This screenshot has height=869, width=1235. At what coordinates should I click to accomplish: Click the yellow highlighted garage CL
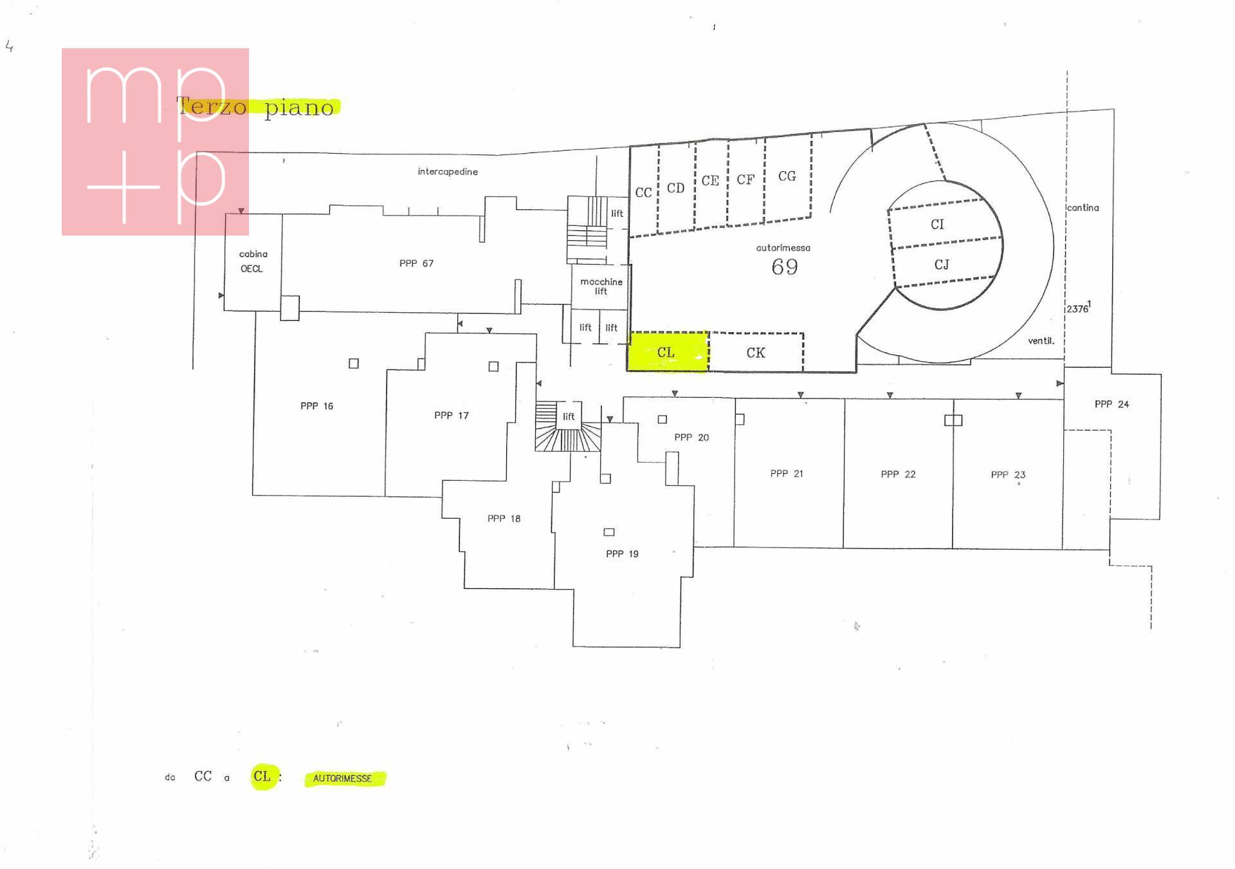pos(668,351)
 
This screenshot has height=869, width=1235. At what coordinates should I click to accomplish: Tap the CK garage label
pos(756,353)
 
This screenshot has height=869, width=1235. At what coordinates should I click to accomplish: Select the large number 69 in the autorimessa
pos(785,266)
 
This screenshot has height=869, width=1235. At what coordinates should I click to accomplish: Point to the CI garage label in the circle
pos(937,224)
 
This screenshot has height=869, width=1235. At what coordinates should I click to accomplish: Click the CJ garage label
pos(942,265)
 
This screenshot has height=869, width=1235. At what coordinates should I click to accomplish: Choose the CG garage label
pos(787,176)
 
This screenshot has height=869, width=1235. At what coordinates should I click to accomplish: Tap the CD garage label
pos(675,188)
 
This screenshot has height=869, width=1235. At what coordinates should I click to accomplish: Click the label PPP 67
pos(416,263)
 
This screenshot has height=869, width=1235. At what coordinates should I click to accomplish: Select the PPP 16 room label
pos(316,406)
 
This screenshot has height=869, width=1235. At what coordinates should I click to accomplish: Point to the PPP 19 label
pos(622,554)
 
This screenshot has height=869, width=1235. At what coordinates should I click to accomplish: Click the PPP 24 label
pos(1111,404)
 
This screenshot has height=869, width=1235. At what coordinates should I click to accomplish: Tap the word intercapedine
pos(448,172)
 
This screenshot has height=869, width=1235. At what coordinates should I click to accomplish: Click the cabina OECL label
pos(253,261)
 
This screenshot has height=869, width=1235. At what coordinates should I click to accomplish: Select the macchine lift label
pos(601,286)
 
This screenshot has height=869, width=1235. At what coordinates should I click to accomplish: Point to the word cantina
pos(1083,208)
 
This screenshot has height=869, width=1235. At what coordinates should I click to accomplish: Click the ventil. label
pos(1041,341)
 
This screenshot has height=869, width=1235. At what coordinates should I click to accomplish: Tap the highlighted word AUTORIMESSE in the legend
pos(343,778)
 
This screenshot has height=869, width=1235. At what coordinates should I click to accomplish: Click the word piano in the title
pos(299,107)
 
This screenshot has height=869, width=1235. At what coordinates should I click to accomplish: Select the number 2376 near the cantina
pos(1077,309)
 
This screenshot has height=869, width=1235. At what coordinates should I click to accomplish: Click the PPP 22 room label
pos(898,474)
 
